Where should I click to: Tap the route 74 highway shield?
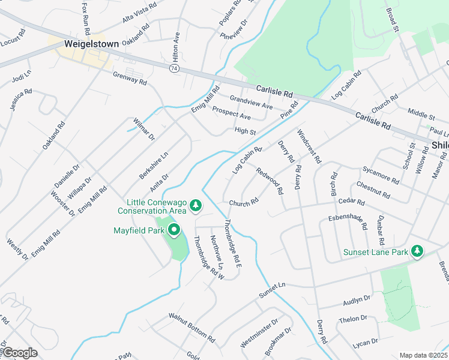pos(173,70)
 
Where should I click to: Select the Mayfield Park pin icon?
pos(175,229)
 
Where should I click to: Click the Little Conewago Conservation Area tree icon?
pos(195,206)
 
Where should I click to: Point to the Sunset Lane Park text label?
pos(375,253)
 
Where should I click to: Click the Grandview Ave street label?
pos(252,102)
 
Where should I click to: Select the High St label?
pos(246,131)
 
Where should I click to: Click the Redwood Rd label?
pos(270,181)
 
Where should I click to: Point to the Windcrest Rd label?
pos(309,148)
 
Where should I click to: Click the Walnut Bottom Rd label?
pos(191,326)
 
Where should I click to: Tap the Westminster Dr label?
pos(259,333)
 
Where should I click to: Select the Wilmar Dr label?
pos(144,129)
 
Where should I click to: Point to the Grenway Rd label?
pos(130,79)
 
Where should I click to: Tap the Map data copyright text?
pos(424,355)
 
